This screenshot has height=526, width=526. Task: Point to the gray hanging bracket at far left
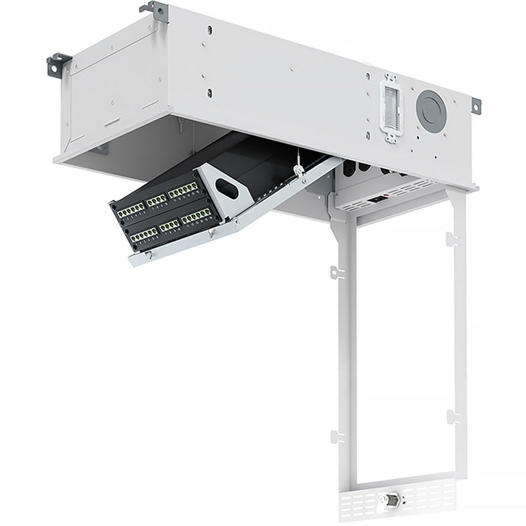tap(59, 64)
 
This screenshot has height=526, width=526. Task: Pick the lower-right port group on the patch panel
tap(196, 216)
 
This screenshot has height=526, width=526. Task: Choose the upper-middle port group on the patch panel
tap(156, 200)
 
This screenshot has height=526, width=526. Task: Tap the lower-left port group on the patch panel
tap(143, 233)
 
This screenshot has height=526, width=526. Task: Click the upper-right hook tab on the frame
tap(451, 238)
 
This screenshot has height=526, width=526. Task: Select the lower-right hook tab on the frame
tap(451, 416)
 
